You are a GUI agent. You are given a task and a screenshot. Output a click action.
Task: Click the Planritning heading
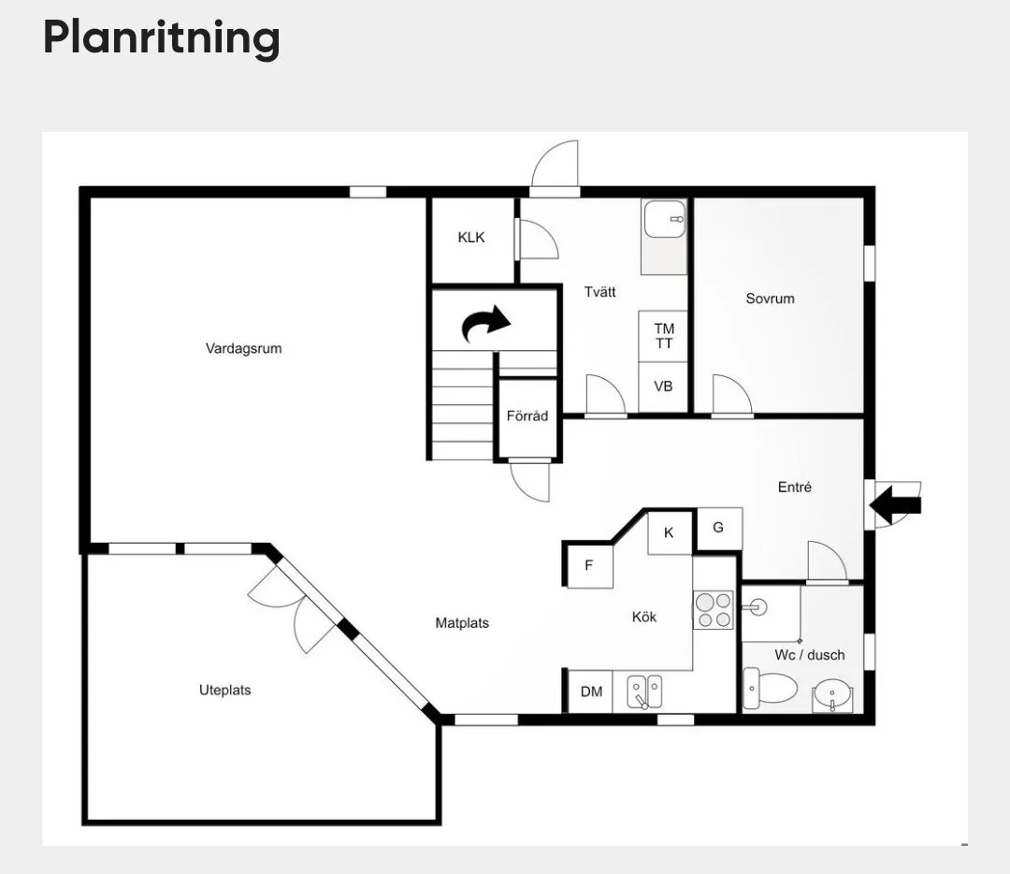pos(161,38)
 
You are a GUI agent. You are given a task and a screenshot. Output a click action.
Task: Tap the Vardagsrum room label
pos(243,349)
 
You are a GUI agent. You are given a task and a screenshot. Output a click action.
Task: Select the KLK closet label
pos(471,238)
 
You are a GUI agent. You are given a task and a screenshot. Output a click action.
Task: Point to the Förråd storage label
pos(527,415)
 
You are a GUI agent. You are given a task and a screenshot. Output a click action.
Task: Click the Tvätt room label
pos(599,292)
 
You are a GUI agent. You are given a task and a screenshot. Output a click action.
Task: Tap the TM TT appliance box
pos(664,336)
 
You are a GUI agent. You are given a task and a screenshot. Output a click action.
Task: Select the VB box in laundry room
pos(663,386)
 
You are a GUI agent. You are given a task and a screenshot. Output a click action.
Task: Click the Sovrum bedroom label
pos(770,299)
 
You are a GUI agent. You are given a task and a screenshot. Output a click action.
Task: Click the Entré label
pos(794,488)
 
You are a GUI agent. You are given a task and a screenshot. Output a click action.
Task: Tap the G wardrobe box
pos(718,528)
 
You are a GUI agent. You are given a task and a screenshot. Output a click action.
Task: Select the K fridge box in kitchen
pos(669,532)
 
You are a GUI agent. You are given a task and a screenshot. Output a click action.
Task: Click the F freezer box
pos(589,565)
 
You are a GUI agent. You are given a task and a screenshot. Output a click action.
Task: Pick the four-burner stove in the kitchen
pos(714,610)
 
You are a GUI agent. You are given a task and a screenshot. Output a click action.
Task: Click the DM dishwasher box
pos(591,692)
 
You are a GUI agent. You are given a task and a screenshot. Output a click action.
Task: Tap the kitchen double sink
pos(643,692)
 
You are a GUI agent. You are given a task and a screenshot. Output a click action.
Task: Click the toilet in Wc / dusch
pos(769,690)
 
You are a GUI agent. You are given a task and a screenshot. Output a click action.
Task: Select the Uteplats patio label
pos(224,691)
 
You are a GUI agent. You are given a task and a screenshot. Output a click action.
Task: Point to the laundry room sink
pos(665,220)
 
